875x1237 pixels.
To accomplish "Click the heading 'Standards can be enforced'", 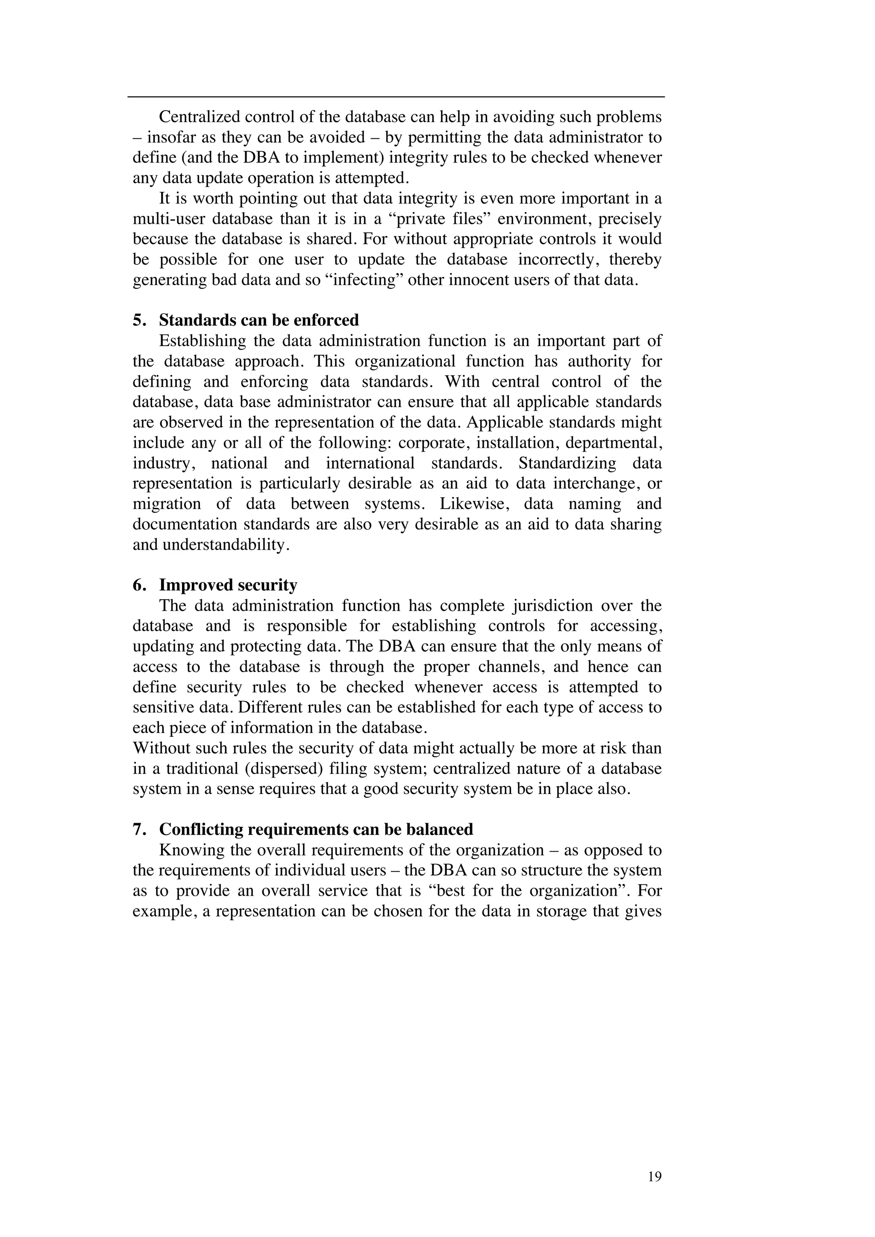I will (x=258, y=320).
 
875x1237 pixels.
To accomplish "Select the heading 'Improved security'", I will (x=228, y=585).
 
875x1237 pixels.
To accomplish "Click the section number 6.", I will (x=138, y=585).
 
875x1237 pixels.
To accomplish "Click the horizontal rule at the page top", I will (x=396, y=97).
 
